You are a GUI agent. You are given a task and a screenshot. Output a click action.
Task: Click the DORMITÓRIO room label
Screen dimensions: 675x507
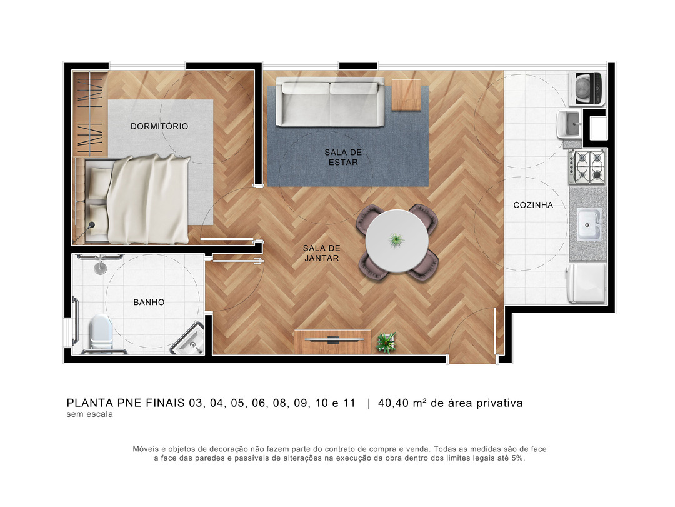tap(159, 126)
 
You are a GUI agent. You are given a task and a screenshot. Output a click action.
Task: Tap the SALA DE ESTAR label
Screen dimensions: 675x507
tap(343, 157)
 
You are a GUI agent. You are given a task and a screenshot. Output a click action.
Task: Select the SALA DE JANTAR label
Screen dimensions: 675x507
tap(322, 253)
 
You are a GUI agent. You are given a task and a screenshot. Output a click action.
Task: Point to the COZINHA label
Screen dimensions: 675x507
tap(533, 205)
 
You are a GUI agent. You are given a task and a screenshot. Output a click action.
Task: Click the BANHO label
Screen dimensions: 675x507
tap(149, 303)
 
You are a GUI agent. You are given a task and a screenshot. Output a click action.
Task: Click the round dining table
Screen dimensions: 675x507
tap(396, 241)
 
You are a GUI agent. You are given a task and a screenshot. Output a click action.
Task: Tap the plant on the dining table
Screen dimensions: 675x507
tap(396, 240)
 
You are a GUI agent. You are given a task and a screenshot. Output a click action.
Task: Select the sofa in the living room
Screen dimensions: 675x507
tap(330, 102)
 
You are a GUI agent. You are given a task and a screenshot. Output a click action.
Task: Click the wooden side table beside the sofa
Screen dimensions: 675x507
tap(406, 95)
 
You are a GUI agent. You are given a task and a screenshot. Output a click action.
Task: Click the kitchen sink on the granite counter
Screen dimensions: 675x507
tap(589, 224)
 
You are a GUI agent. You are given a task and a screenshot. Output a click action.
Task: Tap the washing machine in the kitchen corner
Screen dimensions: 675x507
tap(587, 88)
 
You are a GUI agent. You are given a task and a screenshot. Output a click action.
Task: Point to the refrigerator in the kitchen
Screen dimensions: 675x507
tap(587, 283)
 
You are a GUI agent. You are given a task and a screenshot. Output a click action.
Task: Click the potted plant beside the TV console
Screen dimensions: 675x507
tap(386, 343)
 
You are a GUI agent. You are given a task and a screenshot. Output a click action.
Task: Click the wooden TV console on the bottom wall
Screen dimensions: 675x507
tap(332, 341)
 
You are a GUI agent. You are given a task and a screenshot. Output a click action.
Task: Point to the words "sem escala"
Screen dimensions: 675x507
tap(89, 414)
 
